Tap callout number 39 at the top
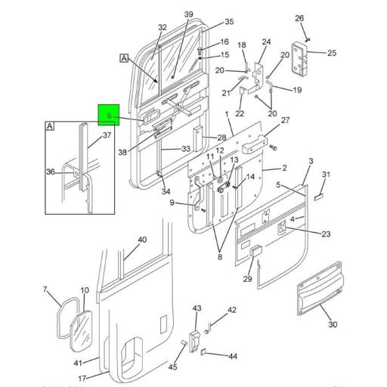tap(189, 14)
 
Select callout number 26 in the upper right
tap(299, 18)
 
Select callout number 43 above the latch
tap(197, 308)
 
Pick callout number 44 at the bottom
tap(233, 356)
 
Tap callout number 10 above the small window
tap(85, 291)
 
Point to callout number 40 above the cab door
tap(141, 240)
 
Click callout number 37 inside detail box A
tap(107, 136)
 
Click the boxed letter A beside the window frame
tap(123, 57)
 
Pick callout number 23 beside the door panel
tap(326, 234)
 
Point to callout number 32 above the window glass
tap(162, 28)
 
